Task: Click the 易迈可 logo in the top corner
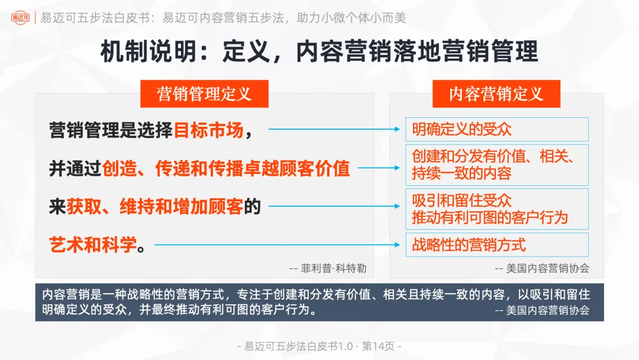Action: [20, 17]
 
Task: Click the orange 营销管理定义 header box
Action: [204, 94]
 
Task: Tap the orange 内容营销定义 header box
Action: [496, 94]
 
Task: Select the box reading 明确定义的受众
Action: [496, 129]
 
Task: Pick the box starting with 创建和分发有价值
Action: [496, 165]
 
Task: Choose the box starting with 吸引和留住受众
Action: [496, 209]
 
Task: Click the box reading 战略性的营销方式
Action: [496, 245]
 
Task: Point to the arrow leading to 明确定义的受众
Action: [335, 128]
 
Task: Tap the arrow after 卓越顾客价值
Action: [379, 168]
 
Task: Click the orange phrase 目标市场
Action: [208, 130]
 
